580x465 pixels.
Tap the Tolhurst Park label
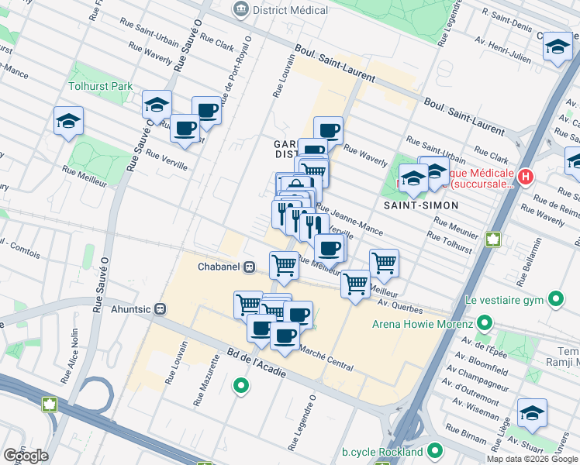click(x=101, y=87)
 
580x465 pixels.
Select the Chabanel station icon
click(x=249, y=267)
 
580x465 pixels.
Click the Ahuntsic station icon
click(x=161, y=308)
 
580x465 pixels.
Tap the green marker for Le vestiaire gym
click(x=555, y=298)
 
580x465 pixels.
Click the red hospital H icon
click(x=526, y=177)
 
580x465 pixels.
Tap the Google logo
click(x=26, y=456)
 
